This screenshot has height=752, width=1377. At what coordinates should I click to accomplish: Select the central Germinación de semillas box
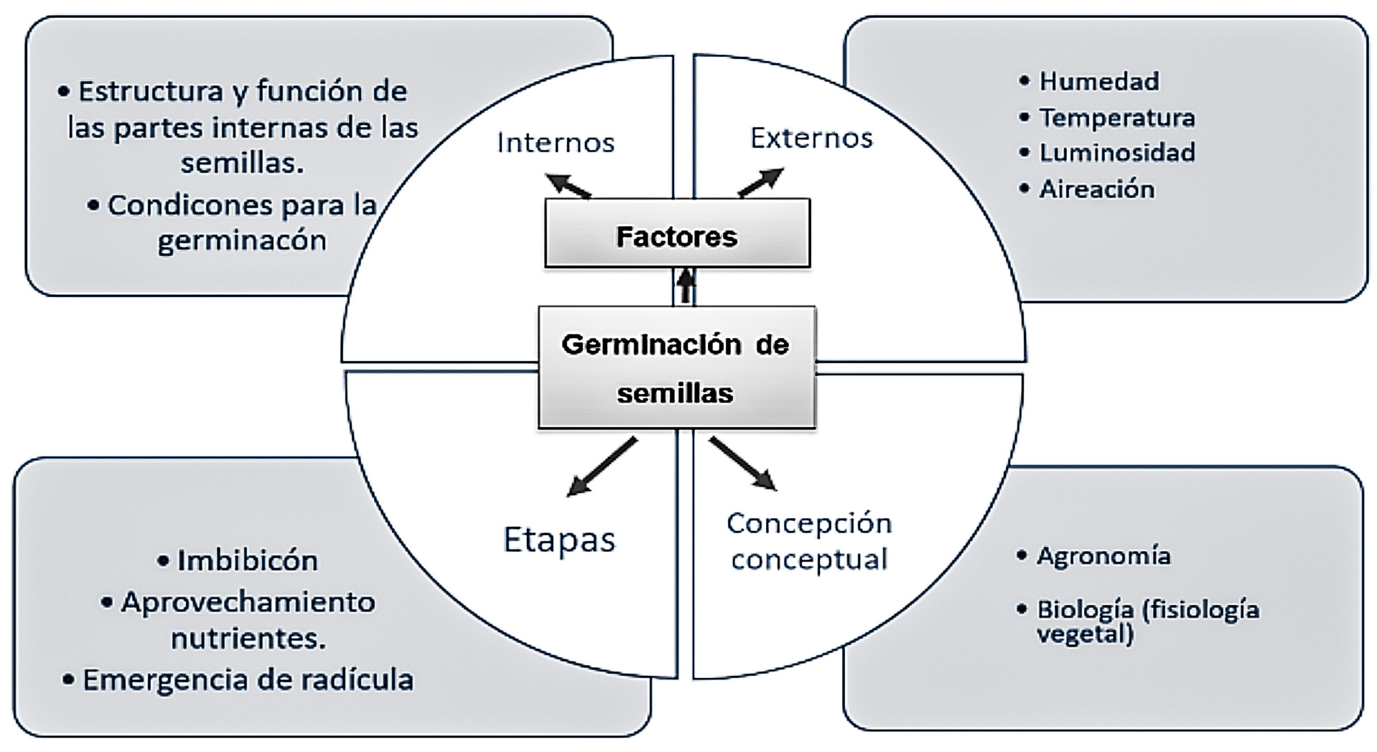676,368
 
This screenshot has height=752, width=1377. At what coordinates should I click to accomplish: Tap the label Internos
556,143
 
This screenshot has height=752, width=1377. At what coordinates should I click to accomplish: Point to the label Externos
811,138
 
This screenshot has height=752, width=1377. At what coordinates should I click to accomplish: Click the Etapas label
559,540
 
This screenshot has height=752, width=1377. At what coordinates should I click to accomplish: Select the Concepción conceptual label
809,541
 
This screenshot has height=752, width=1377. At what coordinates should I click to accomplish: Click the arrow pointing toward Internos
568,185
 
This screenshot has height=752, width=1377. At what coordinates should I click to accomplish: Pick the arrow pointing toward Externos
761,182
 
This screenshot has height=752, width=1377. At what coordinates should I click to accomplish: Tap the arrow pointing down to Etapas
601,467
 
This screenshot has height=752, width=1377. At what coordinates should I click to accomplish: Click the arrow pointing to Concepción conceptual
743,464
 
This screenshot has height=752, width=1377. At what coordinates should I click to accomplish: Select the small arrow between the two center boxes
686,286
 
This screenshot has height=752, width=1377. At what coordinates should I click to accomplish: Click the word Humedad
1098,81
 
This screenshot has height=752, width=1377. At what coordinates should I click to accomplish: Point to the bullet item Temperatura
1116,117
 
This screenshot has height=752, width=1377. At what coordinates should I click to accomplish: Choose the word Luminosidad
1117,152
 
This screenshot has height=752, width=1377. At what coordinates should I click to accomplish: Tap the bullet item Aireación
1096,189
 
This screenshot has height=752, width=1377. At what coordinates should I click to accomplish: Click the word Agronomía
1103,555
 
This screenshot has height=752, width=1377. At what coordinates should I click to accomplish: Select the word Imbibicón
247,560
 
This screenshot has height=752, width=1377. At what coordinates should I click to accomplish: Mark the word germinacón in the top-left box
242,240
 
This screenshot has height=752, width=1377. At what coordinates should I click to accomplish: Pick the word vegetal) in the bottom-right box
1085,634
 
